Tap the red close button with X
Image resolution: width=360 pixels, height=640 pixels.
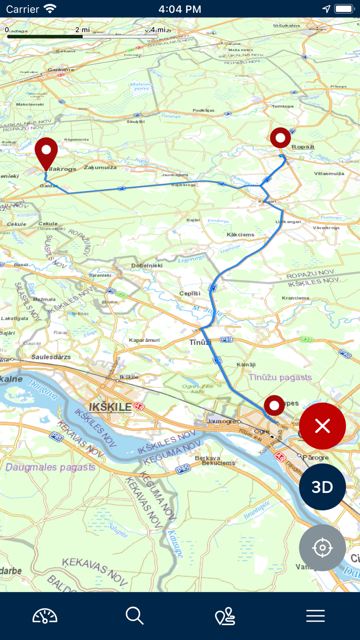(x=322, y=426)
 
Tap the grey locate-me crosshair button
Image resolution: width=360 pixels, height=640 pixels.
(x=322, y=548)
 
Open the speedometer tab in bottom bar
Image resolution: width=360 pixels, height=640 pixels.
(x=45, y=616)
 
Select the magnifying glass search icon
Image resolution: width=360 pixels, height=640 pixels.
(x=135, y=616)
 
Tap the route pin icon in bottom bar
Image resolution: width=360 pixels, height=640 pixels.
(x=225, y=616)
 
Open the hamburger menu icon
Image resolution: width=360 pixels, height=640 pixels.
(x=315, y=616)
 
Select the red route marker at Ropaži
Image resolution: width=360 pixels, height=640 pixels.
(x=280, y=138)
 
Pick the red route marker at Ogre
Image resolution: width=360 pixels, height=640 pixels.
(x=274, y=405)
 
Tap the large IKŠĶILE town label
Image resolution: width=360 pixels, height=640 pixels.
(x=111, y=407)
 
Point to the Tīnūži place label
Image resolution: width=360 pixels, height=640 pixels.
(x=201, y=342)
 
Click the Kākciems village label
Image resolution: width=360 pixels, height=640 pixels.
(x=240, y=235)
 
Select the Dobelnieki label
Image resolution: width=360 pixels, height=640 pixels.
(x=147, y=265)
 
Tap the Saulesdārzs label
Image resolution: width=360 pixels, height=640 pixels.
(x=51, y=357)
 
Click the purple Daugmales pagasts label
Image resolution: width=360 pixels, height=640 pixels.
(x=50, y=467)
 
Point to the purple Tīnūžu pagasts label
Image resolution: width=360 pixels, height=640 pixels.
(x=280, y=377)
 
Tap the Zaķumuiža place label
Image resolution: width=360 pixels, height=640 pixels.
(x=100, y=167)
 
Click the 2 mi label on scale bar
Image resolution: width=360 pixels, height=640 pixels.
(x=83, y=30)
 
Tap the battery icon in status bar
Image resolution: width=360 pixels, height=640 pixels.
(x=344, y=9)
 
